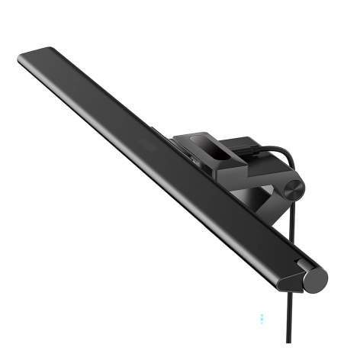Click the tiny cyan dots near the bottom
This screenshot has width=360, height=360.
click(262, 314)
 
